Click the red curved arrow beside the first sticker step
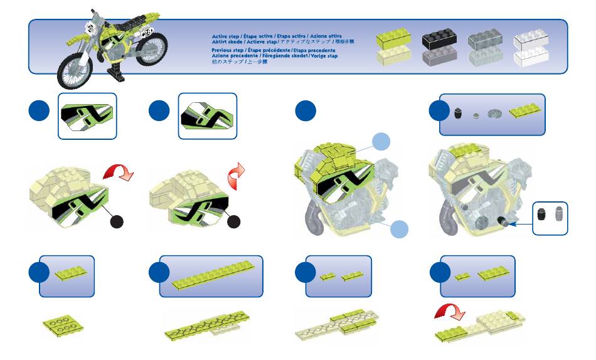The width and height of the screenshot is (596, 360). (x=119, y=171)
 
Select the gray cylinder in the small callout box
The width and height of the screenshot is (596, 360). (x=557, y=214)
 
